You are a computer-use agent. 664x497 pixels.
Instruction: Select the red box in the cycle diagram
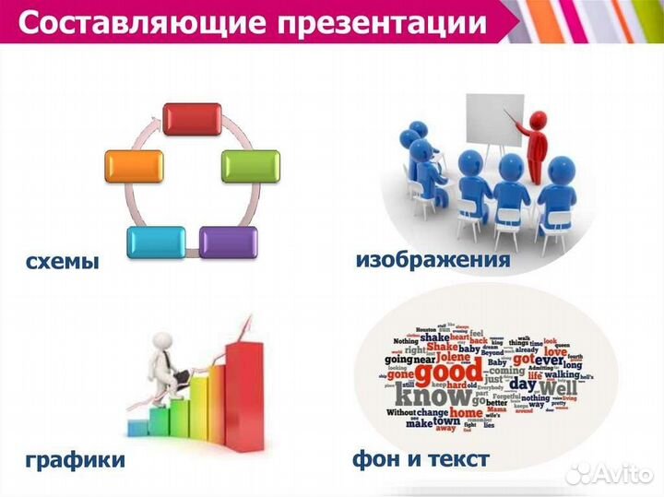click(x=192, y=120)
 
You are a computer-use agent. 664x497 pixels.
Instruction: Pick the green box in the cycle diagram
click(x=250, y=166)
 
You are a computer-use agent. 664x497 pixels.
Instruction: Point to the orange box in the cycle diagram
click(x=134, y=166)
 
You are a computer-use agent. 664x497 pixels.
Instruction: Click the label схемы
click(x=62, y=261)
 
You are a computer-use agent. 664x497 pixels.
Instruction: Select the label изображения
click(x=433, y=260)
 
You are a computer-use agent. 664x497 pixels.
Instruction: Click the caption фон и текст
click(x=421, y=458)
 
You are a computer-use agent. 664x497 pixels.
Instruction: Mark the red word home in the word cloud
click(x=466, y=413)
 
